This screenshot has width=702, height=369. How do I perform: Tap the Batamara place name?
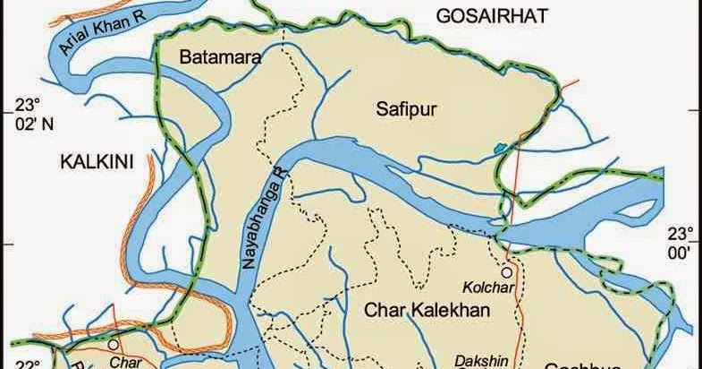tap(219, 58)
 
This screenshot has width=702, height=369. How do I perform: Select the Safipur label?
tap(401, 108)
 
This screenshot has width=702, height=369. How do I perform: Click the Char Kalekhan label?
tap(428, 311)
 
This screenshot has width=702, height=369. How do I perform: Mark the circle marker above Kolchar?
tap(507, 271)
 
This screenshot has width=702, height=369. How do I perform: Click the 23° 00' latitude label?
tap(681, 243)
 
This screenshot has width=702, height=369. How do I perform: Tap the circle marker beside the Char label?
tap(113, 343)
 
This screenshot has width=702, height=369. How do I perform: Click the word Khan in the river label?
tap(105, 30)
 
